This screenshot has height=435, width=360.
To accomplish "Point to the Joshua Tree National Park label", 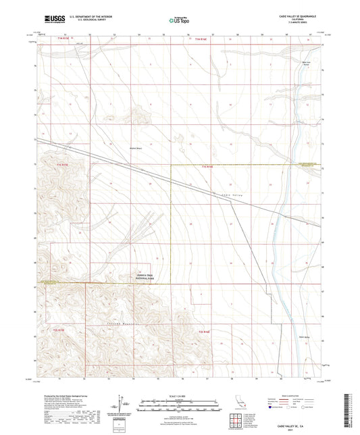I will (143, 276).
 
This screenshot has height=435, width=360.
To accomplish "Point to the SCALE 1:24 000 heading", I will (178, 395).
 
